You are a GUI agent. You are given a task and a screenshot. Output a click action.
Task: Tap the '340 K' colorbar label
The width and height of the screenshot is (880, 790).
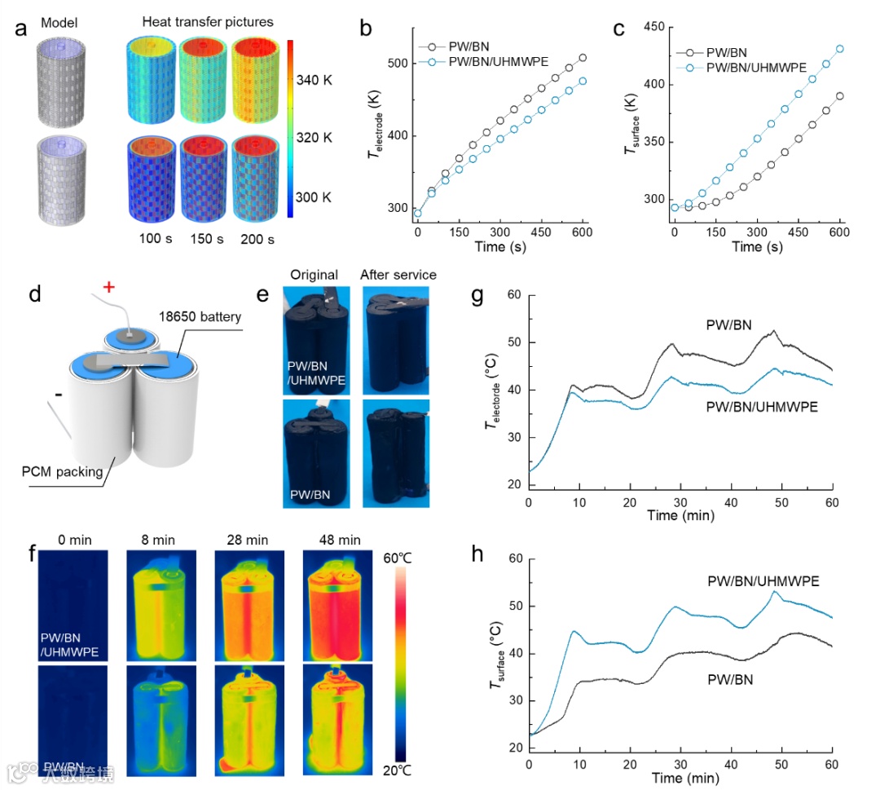[x=323, y=80]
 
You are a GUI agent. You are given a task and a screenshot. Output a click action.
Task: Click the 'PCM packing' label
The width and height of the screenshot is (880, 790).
[x=63, y=471]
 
